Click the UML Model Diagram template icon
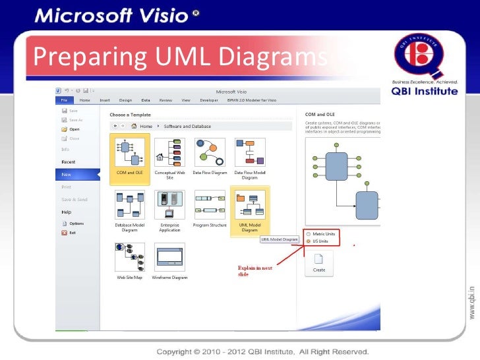(x=250, y=204)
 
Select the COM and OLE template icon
(x=130, y=152)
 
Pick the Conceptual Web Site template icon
(x=169, y=152)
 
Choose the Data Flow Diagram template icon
(x=210, y=152)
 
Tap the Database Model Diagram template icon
(x=130, y=204)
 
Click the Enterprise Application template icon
(x=169, y=204)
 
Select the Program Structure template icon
(x=210, y=204)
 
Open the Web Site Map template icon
(x=130, y=257)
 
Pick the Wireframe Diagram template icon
(x=169, y=257)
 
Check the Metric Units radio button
(x=307, y=235)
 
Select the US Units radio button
(x=307, y=242)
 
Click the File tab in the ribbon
(x=65, y=100)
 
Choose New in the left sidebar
(x=66, y=175)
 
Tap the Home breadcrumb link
(x=146, y=126)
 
